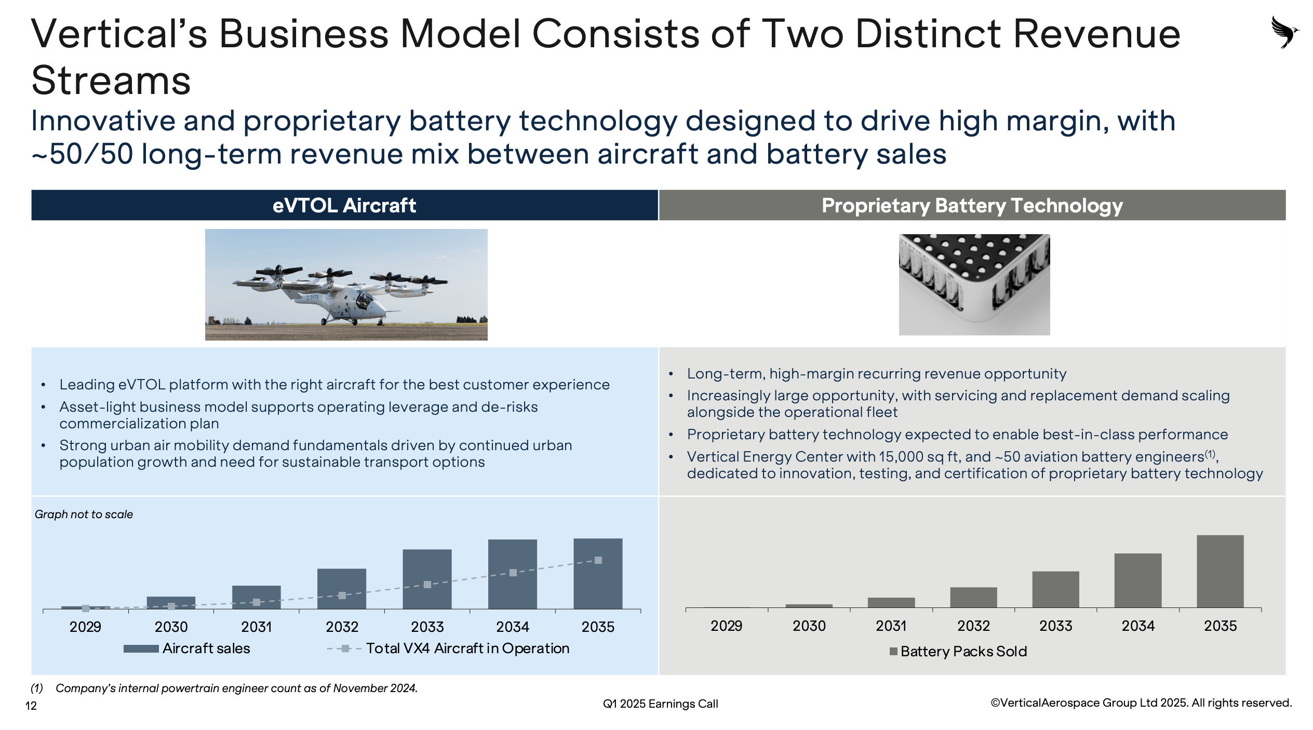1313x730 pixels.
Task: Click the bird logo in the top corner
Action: (1285, 32)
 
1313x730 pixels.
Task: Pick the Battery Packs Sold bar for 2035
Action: (1220, 571)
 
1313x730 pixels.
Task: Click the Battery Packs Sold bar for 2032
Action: (973, 597)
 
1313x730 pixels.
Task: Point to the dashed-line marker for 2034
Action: (513, 573)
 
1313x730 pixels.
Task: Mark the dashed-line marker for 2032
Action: (342, 596)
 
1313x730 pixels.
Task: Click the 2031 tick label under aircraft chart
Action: (257, 627)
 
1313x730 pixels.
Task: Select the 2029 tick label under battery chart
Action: (726, 626)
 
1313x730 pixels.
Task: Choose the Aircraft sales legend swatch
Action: (141, 648)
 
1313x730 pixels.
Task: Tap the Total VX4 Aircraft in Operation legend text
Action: (467, 648)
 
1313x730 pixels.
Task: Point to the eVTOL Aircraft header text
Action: (344, 206)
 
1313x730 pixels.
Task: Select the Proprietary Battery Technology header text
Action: (972, 206)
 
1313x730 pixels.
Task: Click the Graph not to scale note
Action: (84, 515)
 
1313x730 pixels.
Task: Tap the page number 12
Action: (31, 706)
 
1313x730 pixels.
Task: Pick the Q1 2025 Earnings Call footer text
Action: (660, 704)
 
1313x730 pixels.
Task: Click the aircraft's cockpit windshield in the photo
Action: (365, 299)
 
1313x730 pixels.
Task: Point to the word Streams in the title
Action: (111, 81)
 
